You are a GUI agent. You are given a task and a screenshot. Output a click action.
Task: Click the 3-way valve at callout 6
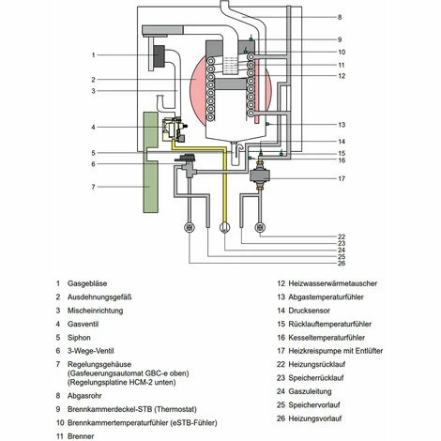[187, 166]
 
